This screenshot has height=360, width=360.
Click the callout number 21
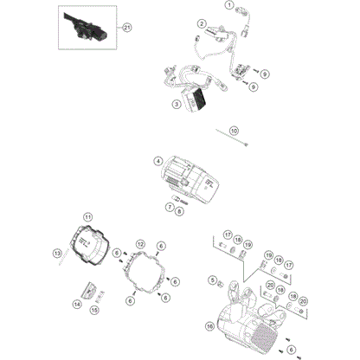tap(128, 29)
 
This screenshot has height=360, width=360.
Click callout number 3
tap(176, 103)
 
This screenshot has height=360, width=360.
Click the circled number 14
tap(76, 305)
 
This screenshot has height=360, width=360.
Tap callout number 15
tap(96, 308)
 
